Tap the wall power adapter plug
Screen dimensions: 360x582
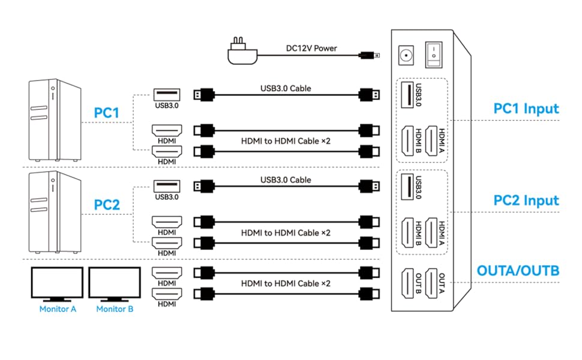[x=242, y=53]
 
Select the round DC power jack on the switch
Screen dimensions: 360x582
[x=407, y=56]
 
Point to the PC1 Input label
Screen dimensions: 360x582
[x=526, y=109]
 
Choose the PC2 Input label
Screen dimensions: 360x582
[x=526, y=200]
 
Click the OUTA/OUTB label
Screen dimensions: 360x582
[x=518, y=271]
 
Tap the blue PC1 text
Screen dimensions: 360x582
[x=107, y=113]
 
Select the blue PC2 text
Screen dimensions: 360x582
[x=107, y=205]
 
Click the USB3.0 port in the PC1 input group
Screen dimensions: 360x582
[x=407, y=95]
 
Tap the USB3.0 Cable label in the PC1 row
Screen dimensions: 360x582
[x=286, y=88]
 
